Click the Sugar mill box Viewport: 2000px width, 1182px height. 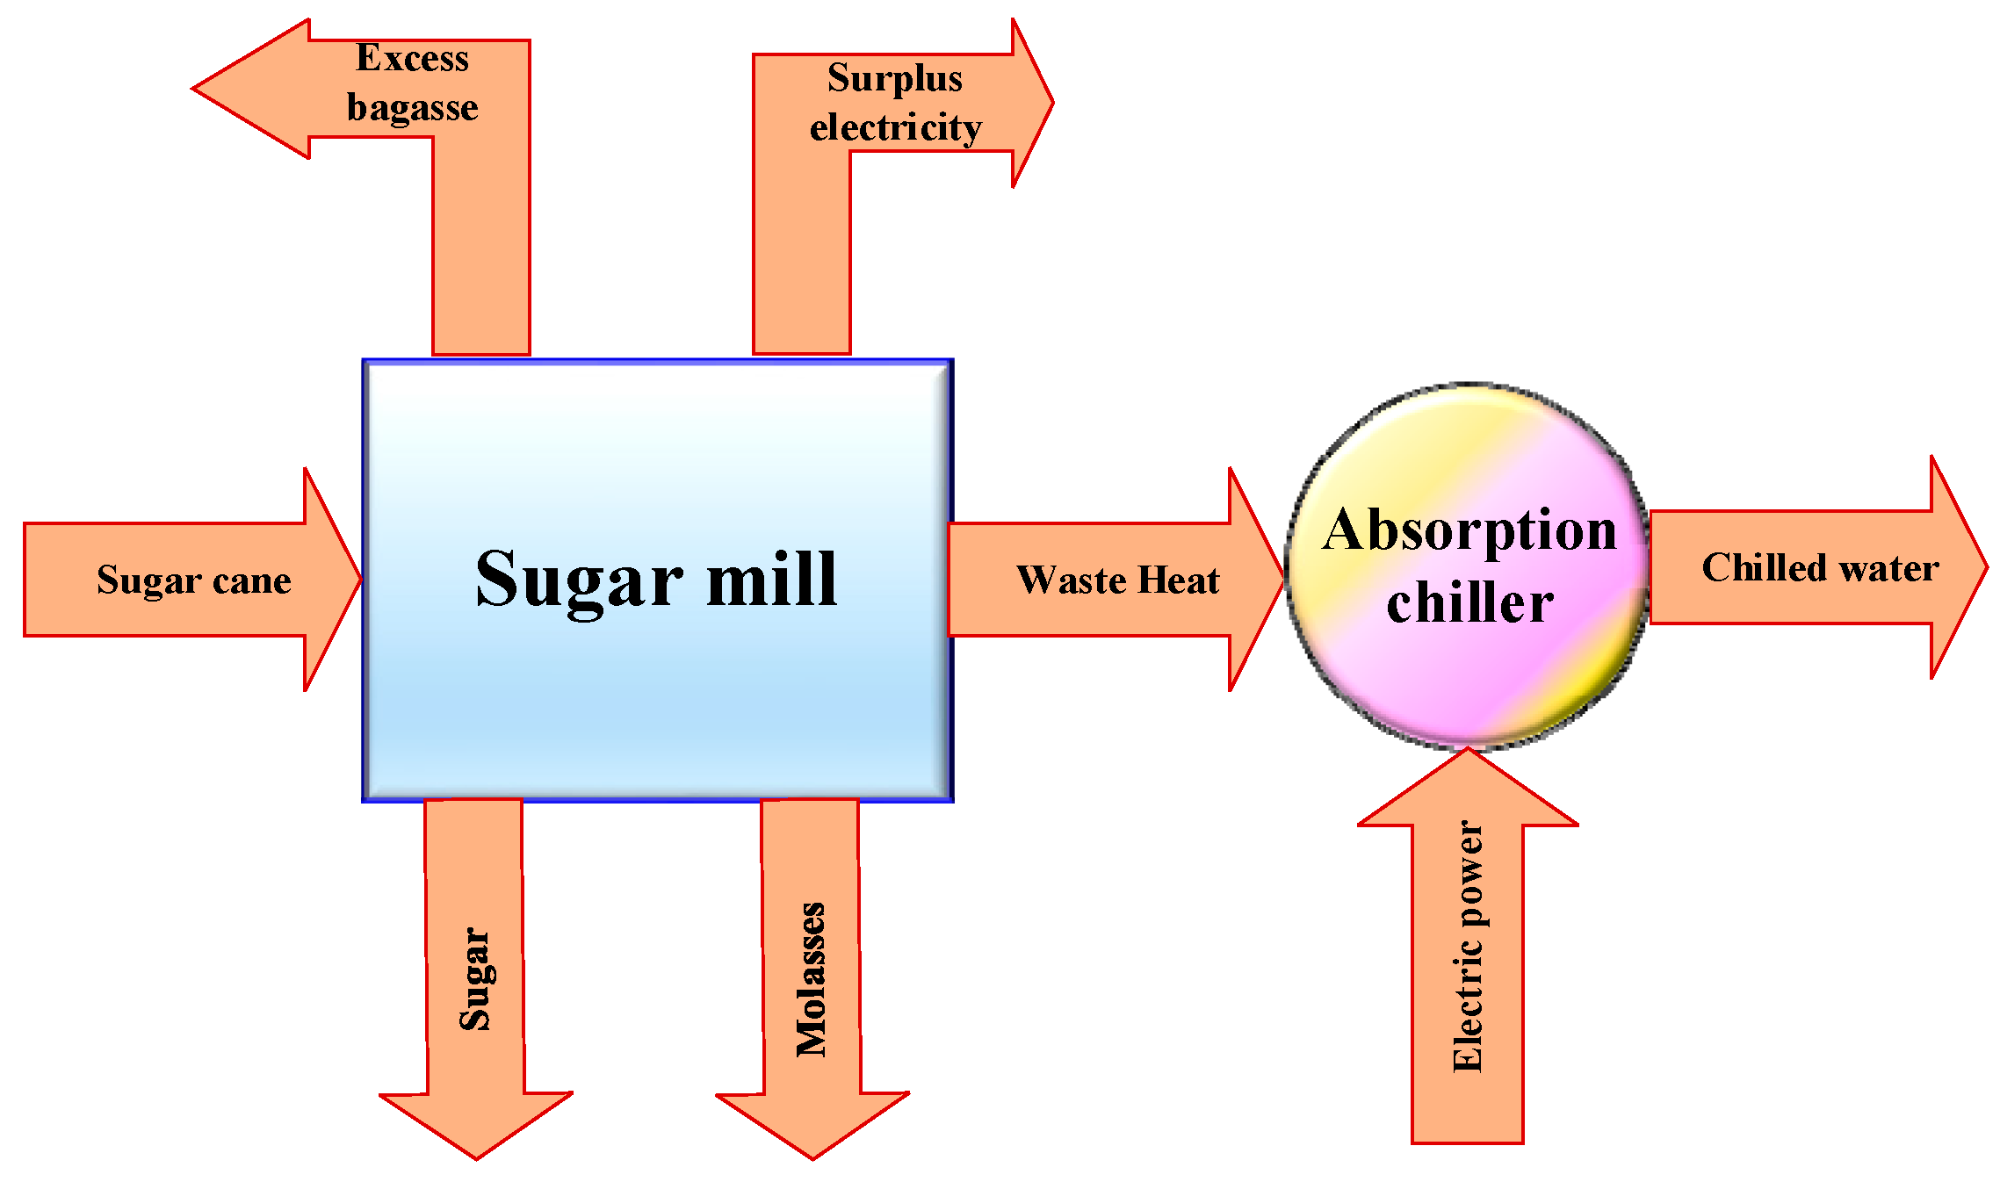click(657, 667)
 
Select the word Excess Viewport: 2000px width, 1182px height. click(412, 58)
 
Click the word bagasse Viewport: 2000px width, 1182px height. click(412, 107)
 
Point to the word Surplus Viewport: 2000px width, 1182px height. click(894, 78)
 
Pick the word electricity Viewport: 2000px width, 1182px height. click(895, 128)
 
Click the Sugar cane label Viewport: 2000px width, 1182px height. click(193, 580)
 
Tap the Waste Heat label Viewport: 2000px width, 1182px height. click(1117, 580)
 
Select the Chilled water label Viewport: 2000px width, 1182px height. click(1820, 568)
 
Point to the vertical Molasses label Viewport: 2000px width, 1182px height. click(811, 978)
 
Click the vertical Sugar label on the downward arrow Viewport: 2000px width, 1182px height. click(475, 978)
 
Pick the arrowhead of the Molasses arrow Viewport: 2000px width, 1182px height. click(812, 1128)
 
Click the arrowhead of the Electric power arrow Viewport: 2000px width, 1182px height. click(1467, 786)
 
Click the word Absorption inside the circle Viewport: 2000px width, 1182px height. click(1469, 530)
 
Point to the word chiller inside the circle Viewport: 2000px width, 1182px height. click(1469, 603)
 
